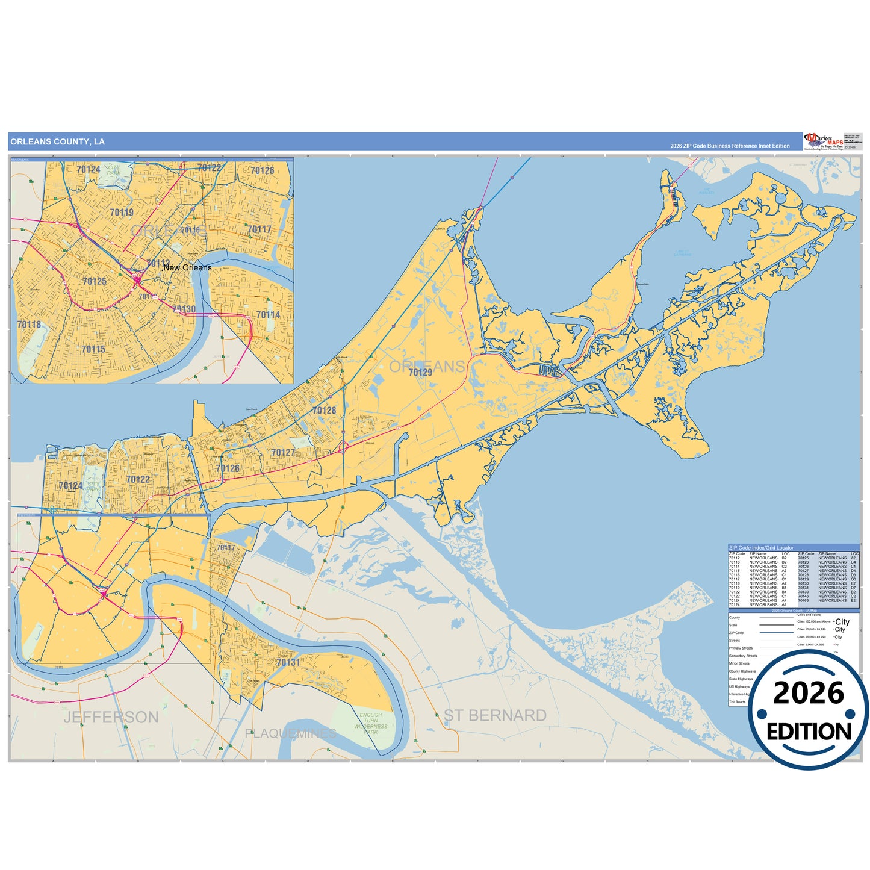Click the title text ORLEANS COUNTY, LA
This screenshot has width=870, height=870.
pyautogui.click(x=58, y=142)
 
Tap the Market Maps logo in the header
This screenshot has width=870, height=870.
pyautogui.click(x=824, y=141)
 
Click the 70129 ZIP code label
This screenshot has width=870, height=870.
pyautogui.click(x=420, y=373)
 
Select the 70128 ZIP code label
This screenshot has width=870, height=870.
pyautogui.click(x=324, y=411)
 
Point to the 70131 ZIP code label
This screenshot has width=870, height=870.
pyautogui.click(x=288, y=662)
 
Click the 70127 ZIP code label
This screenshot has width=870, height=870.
pyautogui.click(x=283, y=453)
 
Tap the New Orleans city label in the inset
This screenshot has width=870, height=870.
pyautogui.click(x=187, y=267)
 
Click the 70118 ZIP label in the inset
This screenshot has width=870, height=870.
pyautogui.click(x=29, y=325)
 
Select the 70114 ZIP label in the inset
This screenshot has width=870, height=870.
pyautogui.click(x=268, y=315)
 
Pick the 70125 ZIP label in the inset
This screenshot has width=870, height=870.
pyautogui.click(x=95, y=281)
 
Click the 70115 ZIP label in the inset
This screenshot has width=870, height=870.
pyautogui.click(x=93, y=349)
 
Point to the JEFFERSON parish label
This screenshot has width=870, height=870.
pyautogui.click(x=111, y=717)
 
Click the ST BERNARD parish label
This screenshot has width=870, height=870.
pyautogui.click(x=495, y=715)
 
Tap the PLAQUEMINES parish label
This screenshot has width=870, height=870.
pyautogui.click(x=291, y=733)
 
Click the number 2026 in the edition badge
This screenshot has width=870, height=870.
pyautogui.click(x=809, y=693)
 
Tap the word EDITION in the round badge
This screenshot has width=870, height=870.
pyautogui.click(x=809, y=732)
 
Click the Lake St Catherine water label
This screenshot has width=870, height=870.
pyautogui.click(x=683, y=253)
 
